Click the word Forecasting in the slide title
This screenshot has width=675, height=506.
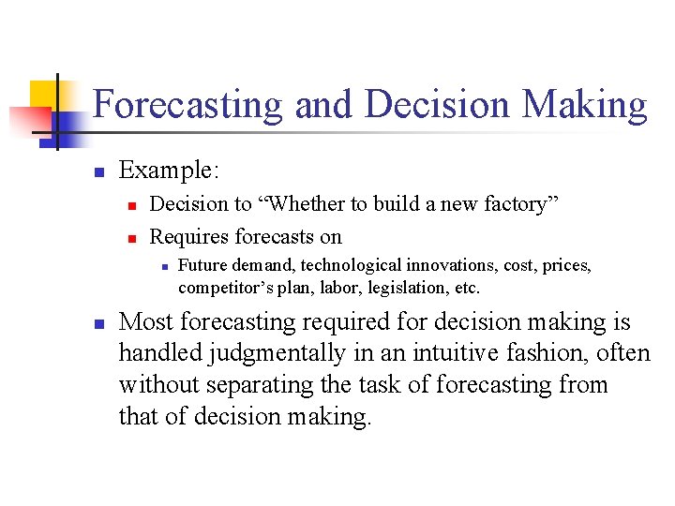pos(187,105)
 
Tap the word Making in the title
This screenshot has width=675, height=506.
pos(584,105)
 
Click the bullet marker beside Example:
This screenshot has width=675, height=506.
pos(97,171)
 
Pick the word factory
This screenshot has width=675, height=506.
pos(513,204)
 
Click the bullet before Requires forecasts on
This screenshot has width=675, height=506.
pos(133,237)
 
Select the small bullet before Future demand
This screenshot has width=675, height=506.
pos(163,267)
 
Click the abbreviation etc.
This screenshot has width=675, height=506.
pos(467,287)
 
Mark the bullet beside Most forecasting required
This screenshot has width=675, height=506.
pos(97,323)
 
